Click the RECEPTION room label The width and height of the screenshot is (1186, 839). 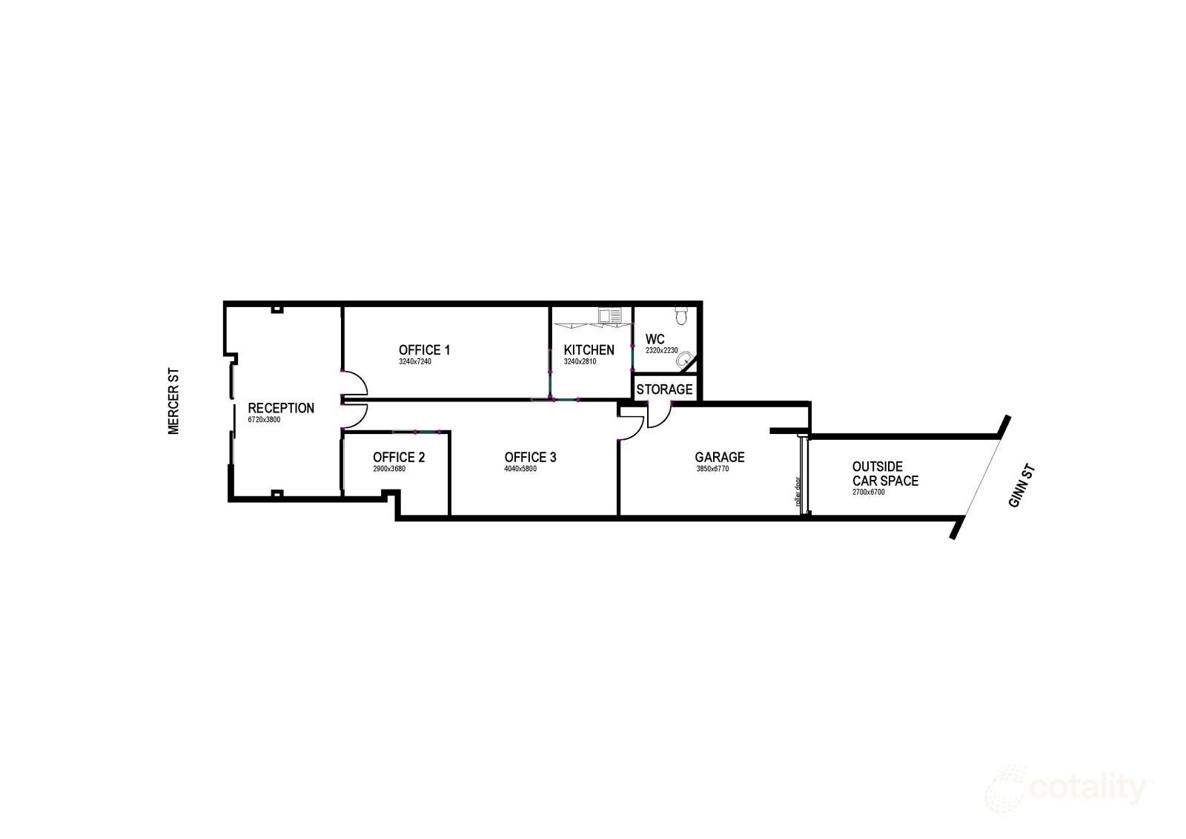pyautogui.click(x=281, y=408)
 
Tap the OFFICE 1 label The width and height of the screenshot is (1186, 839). pyautogui.click(x=424, y=350)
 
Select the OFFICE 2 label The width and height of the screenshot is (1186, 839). pyautogui.click(x=399, y=457)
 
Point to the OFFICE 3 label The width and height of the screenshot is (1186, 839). pyautogui.click(x=530, y=457)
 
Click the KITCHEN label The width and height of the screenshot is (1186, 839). pyautogui.click(x=589, y=350)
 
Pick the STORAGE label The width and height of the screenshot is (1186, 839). pyautogui.click(x=664, y=389)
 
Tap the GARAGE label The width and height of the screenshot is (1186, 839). pyautogui.click(x=720, y=457)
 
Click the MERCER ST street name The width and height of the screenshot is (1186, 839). pyautogui.click(x=173, y=402)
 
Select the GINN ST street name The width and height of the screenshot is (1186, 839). pyautogui.click(x=1022, y=486)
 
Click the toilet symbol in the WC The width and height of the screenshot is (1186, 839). pyautogui.click(x=681, y=315)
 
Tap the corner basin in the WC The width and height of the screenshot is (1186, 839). pyautogui.click(x=684, y=359)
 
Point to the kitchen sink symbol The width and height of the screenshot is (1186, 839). pyautogui.click(x=609, y=316)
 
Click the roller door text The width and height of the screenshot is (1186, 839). pyautogui.click(x=798, y=492)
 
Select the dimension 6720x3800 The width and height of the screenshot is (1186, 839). pyautogui.click(x=264, y=420)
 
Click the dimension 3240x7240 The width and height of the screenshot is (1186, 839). pyautogui.click(x=415, y=362)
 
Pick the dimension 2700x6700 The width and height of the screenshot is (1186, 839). pyautogui.click(x=868, y=493)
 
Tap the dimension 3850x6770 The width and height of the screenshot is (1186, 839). pyautogui.click(x=712, y=469)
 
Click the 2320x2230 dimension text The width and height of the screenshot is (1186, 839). pyautogui.click(x=662, y=351)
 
